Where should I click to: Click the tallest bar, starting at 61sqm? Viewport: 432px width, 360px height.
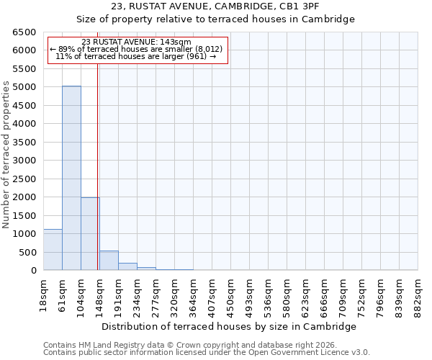71,178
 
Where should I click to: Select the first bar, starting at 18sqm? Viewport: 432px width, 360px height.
53,250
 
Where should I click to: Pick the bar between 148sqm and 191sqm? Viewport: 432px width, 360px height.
109,261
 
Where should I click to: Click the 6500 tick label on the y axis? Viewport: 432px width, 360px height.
23,32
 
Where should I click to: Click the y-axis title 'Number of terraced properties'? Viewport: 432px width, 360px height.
6,155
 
